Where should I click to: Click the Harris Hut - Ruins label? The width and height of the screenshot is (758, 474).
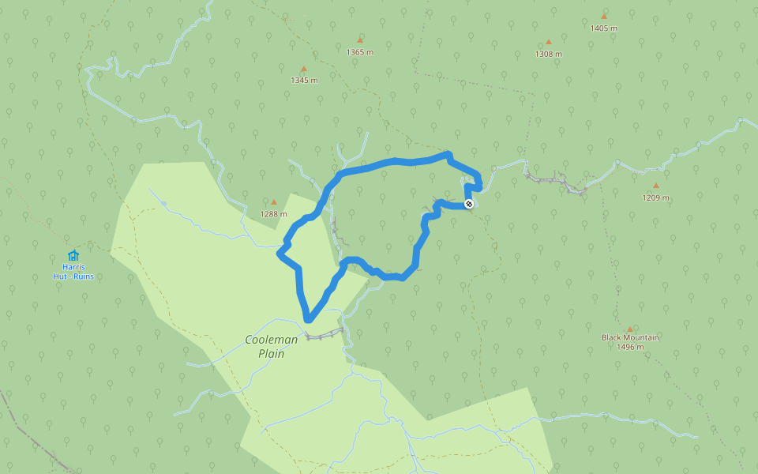[x=73, y=272]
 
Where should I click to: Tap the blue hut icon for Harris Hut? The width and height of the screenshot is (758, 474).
[x=73, y=255]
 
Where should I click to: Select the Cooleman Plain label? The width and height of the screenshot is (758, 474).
[x=271, y=346]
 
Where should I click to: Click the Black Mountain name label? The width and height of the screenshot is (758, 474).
[x=630, y=337]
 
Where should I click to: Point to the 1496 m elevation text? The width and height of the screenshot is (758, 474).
[x=630, y=347]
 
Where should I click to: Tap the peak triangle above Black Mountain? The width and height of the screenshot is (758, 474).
[x=630, y=329]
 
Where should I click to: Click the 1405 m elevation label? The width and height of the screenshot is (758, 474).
[x=603, y=28]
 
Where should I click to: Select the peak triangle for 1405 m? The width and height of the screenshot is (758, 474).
[x=604, y=16]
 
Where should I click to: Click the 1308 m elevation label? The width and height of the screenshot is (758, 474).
[x=548, y=55]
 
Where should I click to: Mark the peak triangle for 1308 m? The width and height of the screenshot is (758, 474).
[x=548, y=42]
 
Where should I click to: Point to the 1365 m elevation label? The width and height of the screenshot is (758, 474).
[x=359, y=52]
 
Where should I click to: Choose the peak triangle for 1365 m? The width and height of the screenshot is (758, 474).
[x=360, y=39]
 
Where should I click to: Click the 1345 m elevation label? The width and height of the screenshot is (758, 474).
[x=304, y=81]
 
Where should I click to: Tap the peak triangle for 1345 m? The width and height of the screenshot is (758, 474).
[x=303, y=69]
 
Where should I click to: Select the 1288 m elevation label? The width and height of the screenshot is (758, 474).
[x=274, y=214]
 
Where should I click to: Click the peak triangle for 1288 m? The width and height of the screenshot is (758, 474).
[x=274, y=202]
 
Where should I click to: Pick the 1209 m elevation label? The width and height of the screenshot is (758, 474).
[x=655, y=198]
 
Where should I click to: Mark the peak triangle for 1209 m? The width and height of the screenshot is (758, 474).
[x=655, y=186]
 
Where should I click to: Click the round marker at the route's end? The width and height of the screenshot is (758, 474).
[x=469, y=205]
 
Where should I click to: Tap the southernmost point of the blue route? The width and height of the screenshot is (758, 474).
[x=309, y=320]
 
